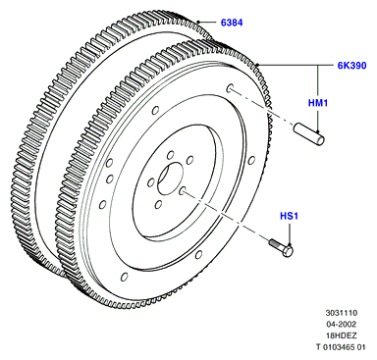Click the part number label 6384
point(232,23)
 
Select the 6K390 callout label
point(352,66)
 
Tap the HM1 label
point(318,103)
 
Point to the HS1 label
point(289,216)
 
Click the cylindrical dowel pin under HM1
point(309,133)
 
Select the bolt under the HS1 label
point(281,248)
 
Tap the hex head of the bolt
point(288,251)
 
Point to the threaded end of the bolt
point(274,243)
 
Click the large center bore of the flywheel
point(170,180)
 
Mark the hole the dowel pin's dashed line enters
point(230,88)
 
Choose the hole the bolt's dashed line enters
point(183,190)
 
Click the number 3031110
point(342,313)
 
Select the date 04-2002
point(342,325)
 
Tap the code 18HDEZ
point(342,335)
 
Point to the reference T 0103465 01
point(341,347)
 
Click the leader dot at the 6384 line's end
point(198,22)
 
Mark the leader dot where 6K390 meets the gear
point(257,65)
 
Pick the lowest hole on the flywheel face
point(124,277)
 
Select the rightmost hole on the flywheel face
point(251,160)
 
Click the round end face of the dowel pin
point(321,139)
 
